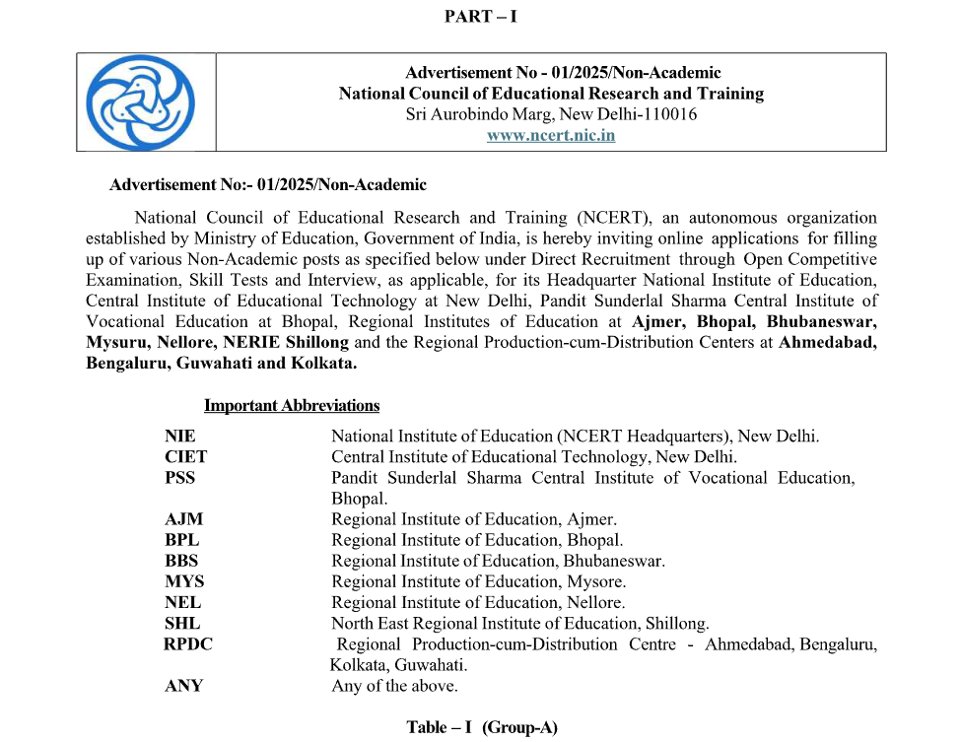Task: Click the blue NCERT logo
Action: click(x=141, y=101)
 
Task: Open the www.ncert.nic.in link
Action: click(x=551, y=136)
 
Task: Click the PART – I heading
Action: click(x=481, y=16)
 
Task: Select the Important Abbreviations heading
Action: click(x=292, y=406)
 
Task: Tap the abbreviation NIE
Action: click(x=180, y=436)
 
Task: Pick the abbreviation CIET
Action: click(x=186, y=456)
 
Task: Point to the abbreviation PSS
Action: click(x=180, y=477)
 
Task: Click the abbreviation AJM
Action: click(x=184, y=519)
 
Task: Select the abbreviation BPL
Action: click(x=182, y=540)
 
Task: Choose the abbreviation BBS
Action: click(x=182, y=561)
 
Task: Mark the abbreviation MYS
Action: click(x=184, y=581)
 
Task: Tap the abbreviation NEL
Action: click(x=183, y=602)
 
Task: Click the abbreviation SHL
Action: click(x=182, y=623)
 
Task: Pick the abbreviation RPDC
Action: click(x=188, y=644)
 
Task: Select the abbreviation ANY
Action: click(x=184, y=686)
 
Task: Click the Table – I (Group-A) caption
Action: click(x=482, y=727)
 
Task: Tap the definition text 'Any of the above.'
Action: click(x=394, y=686)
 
